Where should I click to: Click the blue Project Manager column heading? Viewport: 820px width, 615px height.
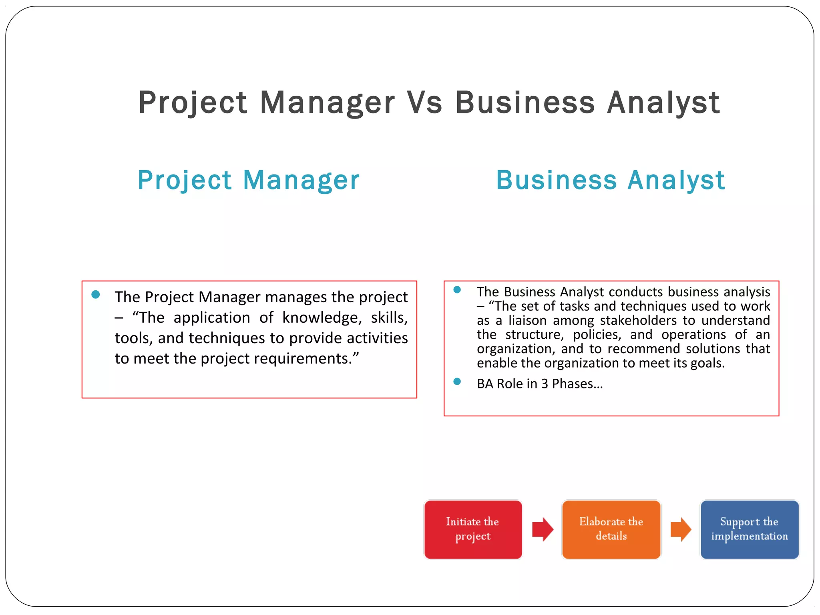pyautogui.click(x=248, y=180)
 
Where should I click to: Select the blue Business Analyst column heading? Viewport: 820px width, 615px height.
pyautogui.click(x=610, y=180)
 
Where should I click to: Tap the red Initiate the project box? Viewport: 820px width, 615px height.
pyautogui.click(x=473, y=529)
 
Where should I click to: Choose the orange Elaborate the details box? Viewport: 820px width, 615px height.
pyautogui.click(x=611, y=529)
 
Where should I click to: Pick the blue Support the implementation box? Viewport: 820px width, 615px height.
pyautogui.click(x=749, y=529)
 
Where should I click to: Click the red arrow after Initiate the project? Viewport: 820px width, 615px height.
pyautogui.click(x=543, y=529)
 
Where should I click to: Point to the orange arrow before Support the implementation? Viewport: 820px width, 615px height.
pyautogui.click(x=681, y=529)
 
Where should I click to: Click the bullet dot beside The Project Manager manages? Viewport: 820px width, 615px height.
pyautogui.click(x=96, y=295)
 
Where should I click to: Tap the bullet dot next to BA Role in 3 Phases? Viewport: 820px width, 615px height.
pyautogui.click(x=457, y=382)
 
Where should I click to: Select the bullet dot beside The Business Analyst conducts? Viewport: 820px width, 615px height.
pyautogui.click(x=457, y=289)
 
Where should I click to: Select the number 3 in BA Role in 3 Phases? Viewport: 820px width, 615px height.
pyautogui.click(x=545, y=384)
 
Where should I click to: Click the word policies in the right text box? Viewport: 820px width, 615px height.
pyautogui.click(x=597, y=335)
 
